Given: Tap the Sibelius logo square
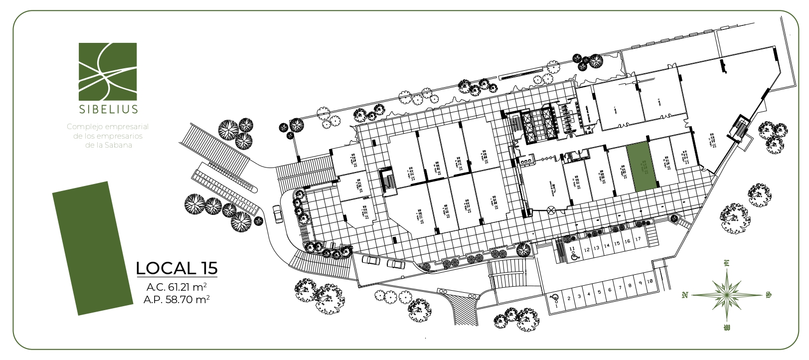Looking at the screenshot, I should click(108, 71).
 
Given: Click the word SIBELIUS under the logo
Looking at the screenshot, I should click(108, 109).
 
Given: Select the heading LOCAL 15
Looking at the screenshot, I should click(176, 268).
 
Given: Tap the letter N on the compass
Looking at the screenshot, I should click(684, 295).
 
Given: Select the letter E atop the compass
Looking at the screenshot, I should click(727, 263).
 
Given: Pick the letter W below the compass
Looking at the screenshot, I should click(727, 328).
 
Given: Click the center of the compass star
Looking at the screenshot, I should click(727, 295).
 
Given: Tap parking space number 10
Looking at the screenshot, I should click(650, 281).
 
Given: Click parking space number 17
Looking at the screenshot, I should click(638, 240).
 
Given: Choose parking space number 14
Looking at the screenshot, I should click(607, 246).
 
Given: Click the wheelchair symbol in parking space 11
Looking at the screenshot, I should click(574, 257).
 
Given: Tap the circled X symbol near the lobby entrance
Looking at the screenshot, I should click(551, 210).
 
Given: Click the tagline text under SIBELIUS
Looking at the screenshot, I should click(108, 136).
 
